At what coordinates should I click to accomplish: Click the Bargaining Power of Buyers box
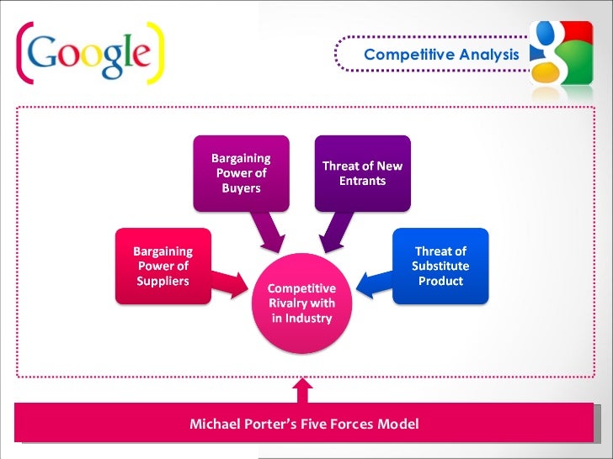click(241, 172)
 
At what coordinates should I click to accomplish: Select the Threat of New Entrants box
click(362, 172)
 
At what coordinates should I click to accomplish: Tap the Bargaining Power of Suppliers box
click(163, 266)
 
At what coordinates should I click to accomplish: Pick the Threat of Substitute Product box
click(440, 266)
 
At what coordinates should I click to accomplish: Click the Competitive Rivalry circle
click(301, 303)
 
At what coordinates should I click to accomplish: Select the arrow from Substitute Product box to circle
click(374, 282)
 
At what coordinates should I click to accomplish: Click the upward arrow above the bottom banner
click(301, 390)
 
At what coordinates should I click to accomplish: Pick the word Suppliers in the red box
click(163, 281)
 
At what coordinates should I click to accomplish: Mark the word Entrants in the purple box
click(362, 181)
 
